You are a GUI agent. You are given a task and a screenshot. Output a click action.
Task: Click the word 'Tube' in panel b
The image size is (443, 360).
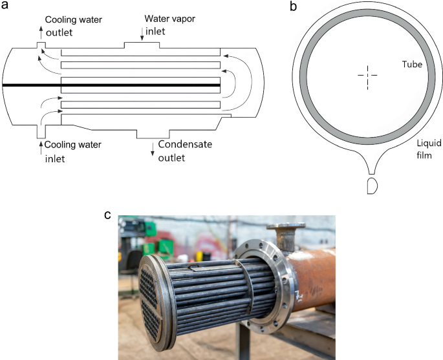[412, 65]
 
